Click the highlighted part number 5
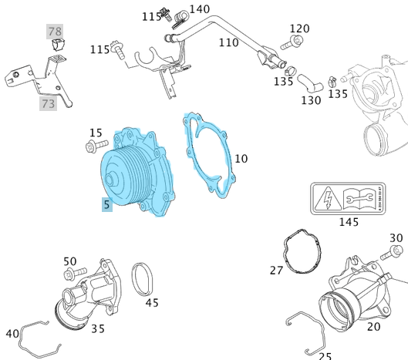[x=107, y=205]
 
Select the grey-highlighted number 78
[x=55, y=32]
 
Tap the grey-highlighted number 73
[x=49, y=103]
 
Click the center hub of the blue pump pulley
[x=113, y=181]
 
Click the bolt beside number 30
[x=396, y=251]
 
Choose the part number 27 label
[x=276, y=271]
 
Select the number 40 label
[x=12, y=334]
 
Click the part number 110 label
[x=228, y=43]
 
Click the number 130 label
[x=311, y=101]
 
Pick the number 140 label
[x=199, y=9]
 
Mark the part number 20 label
[x=373, y=327]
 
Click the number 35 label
[x=98, y=328]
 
